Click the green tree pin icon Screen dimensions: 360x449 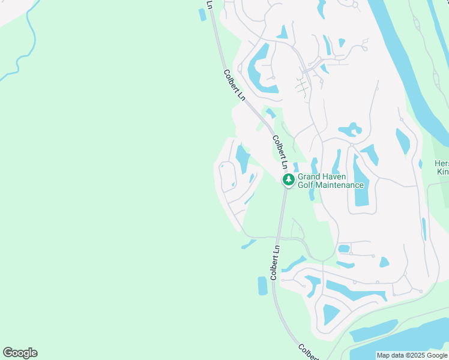[289, 179]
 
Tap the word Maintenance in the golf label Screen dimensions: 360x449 [340, 185]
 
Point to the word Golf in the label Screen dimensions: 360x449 [307, 185]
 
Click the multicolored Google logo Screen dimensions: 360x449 [20, 353]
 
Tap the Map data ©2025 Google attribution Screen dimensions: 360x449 [412, 355]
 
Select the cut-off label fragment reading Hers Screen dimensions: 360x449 [442, 164]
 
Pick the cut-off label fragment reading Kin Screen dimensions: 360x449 [443, 172]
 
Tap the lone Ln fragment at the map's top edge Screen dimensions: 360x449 [209, 4]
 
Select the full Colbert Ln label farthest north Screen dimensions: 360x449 [235, 85]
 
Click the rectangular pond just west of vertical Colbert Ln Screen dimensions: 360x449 [262, 286]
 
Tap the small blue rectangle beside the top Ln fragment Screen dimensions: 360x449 [202, 14]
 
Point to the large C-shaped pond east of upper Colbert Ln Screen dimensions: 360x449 [258, 69]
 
